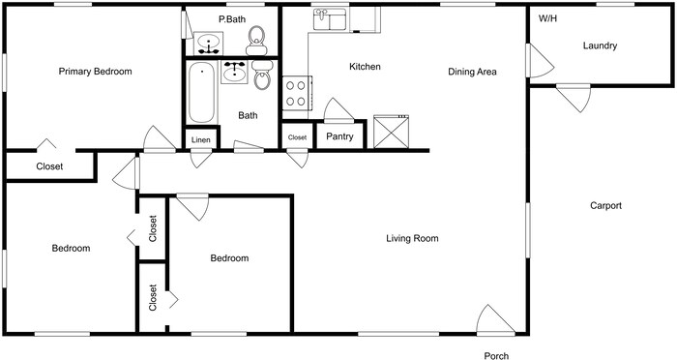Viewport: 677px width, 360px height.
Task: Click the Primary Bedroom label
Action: pyautogui.click(x=95, y=72)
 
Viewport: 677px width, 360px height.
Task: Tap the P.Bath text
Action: pyautogui.click(x=231, y=19)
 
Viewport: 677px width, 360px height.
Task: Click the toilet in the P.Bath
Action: pyautogui.click(x=256, y=38)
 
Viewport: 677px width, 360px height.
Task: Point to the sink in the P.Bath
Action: pyautogui.click(x=208, y=43)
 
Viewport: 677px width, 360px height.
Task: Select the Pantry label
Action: pyautogui.click(x=338, y=137)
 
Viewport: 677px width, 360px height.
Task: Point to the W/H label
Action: pyautogui.click(x=547, y=18)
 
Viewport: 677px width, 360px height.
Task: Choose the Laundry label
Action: pyautogui.click(x=600, y=45)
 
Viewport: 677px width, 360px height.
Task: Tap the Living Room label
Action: pyautogui.click(x=412, y=238)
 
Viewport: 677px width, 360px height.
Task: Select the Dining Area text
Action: pyautogui.click(x=472, y=72)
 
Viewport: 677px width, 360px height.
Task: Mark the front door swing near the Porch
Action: pyautogui.click(x=495, y=319)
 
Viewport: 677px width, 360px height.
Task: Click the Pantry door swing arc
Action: pyautogui.click(x=337, y=109)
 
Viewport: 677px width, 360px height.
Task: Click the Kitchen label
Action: pyautogui.click(x=365, y=67)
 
